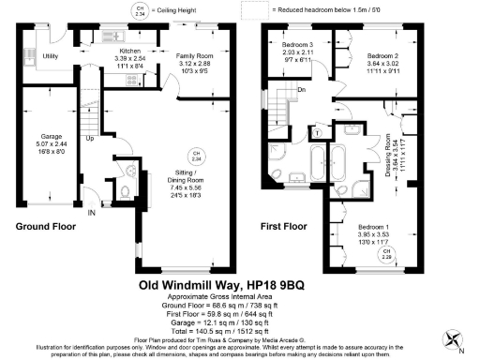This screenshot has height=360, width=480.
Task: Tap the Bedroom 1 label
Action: (375, 227)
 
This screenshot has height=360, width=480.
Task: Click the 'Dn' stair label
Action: (302, 90)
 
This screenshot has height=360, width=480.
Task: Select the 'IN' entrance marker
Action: (92, 214)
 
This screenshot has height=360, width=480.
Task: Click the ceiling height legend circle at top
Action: (141, 12)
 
